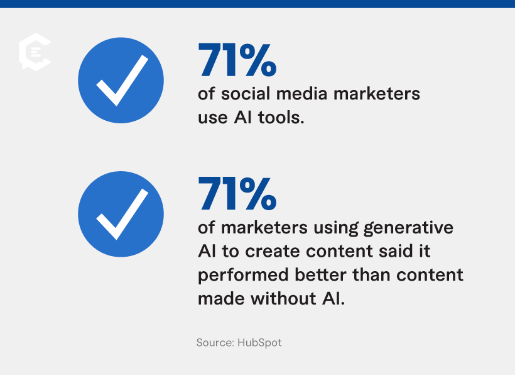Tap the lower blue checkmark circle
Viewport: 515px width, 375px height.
pyautogui.click(x=121, y=213)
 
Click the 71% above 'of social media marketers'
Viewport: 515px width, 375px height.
pyautogui.click(x=237, y=59)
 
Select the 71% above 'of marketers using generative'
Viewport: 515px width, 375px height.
pyautogui.click(x=237, y=193)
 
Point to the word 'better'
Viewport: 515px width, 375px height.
pyautogui.click(x=320, y=275)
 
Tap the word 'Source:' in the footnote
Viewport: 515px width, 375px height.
pyautogui.click(x=215, y=343)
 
